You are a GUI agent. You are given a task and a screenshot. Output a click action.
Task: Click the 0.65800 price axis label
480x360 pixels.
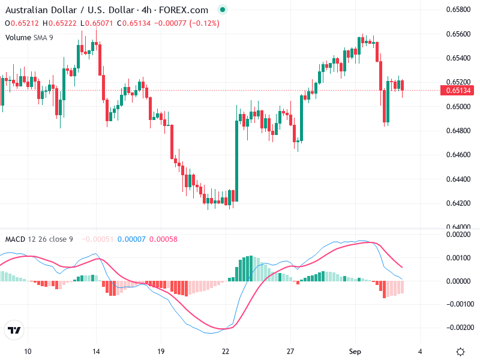pos(457,10)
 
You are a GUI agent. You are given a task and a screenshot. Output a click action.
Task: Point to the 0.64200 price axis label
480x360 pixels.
pos(457,203)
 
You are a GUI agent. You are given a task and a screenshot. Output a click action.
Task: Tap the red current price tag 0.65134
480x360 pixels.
pos(457,91)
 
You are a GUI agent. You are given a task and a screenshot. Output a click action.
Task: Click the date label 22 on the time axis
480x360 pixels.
pos(226,351)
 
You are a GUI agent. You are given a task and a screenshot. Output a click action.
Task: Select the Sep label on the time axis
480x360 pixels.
pos(355,351)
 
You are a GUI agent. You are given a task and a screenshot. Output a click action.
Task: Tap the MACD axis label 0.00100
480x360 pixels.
pos(457,257)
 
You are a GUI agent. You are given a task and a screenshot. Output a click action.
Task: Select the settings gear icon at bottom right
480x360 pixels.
pos(460,351)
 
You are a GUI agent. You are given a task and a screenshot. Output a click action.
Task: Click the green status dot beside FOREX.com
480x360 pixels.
pos(223,10)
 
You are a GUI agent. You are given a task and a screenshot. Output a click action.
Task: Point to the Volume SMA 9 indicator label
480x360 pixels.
pos(29,37)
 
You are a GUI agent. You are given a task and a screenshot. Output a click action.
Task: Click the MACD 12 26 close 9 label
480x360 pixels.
pos(39,239)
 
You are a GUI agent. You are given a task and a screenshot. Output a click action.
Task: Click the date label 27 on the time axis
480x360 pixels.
pos(290,351)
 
